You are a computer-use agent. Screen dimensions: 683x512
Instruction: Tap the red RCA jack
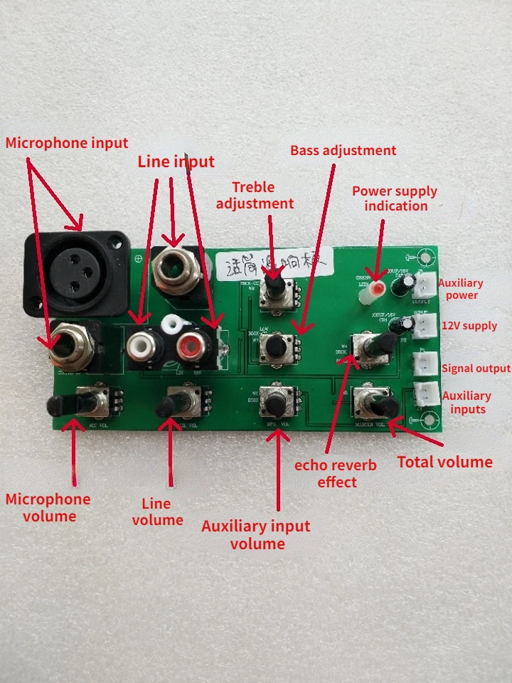click(x=191, y=348)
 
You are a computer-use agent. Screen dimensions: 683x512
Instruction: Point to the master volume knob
click(x=380, y=405)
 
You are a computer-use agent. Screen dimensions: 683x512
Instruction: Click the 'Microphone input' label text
click(x=67, y=143)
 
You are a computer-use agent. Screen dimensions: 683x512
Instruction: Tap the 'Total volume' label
click(x=444, y=462)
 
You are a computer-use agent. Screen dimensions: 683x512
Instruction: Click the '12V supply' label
click(x=469, y=326)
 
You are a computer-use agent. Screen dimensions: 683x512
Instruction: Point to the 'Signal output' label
click(x=476, y=369)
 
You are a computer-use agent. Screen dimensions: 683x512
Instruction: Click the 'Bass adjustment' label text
click(x=343, y=150)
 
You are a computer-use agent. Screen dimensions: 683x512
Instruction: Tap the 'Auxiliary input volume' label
click(x=256, y=535)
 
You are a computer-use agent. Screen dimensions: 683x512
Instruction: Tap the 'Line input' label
click(x=176, y=162)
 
